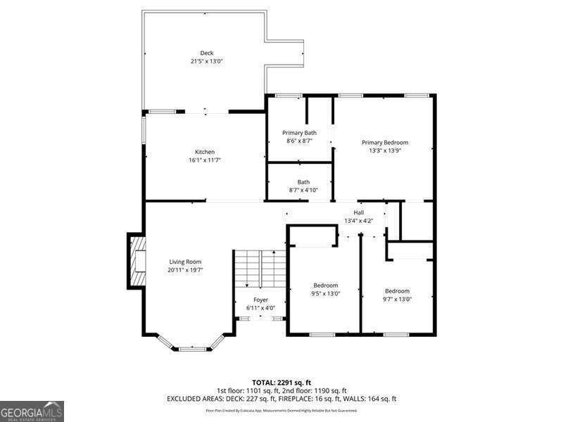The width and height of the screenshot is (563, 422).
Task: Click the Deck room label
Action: pyautogui.click(x=206, y=53)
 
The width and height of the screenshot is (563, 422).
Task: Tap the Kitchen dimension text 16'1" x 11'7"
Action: pyautogui.click(x=205, y=160)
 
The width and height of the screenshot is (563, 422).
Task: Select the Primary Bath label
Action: pyautogui.click(x=299, y=133)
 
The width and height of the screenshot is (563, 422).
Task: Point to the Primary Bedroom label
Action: pyautogui.click(x=384, y=142)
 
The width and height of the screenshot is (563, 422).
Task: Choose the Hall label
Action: pyautogui.click(x=358, y=212)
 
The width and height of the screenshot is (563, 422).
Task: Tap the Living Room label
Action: pyautogui.click(x=184, y=262)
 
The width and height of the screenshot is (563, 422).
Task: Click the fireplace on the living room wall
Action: pyautogui.click(x=136, y=261)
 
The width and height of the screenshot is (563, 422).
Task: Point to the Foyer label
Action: pyautogui.click(x=260, y=300)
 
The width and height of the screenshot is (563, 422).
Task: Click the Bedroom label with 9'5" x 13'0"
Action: pyautogui.click(x=326, y=285)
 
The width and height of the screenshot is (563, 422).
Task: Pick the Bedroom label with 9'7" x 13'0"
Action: pyautogui.click(x=397, y=290)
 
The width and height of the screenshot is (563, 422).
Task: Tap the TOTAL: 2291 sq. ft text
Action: pyautogui.click(x=281, y=382)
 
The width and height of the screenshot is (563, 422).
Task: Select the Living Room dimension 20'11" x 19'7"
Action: pyautogui.click(x=184, y=270)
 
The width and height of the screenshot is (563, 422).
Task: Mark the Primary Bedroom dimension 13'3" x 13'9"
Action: pyautogui.click(x=384, y=151)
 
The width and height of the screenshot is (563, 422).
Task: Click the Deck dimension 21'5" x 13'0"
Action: pyautogui.click(x=206, y=61)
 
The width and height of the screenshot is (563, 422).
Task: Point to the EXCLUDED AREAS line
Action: pyautogui.click(x=281, y=399)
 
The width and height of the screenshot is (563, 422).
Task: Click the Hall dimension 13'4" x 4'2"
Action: pyautogui.click(x=358, y=221)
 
